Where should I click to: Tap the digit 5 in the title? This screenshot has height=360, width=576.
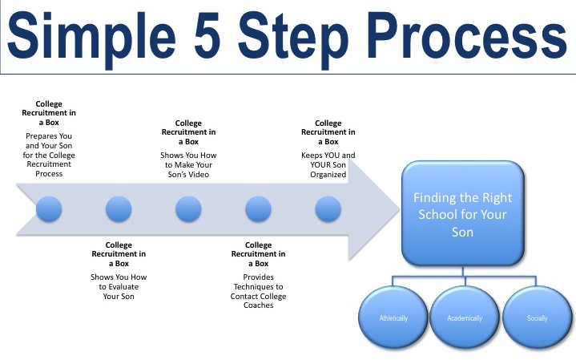[x=207, y=35]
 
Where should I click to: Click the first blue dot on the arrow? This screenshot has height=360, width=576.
[x=49, y=209]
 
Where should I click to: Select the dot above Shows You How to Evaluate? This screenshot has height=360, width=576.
[x=119, y=209]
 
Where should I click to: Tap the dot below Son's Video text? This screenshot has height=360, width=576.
[x=188, y=209]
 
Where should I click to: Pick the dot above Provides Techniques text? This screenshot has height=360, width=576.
[x=258, y=209]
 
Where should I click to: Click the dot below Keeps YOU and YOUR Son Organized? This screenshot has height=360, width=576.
[x=328, y=209]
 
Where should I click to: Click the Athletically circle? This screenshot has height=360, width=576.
[x=393, y=318]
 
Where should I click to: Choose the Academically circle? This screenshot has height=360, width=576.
[x=465, y=318]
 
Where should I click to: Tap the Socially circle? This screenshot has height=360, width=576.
[x=537, y=318]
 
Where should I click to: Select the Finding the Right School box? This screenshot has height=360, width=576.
[x=463, y=213]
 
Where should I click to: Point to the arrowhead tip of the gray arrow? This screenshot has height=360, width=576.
[x=400, y=209]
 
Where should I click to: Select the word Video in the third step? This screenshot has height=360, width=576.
[x=200, y=174]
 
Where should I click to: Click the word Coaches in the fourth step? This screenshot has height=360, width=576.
[x=258, y=305]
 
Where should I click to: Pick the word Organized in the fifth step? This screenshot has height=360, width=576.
[x=328, y=175]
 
